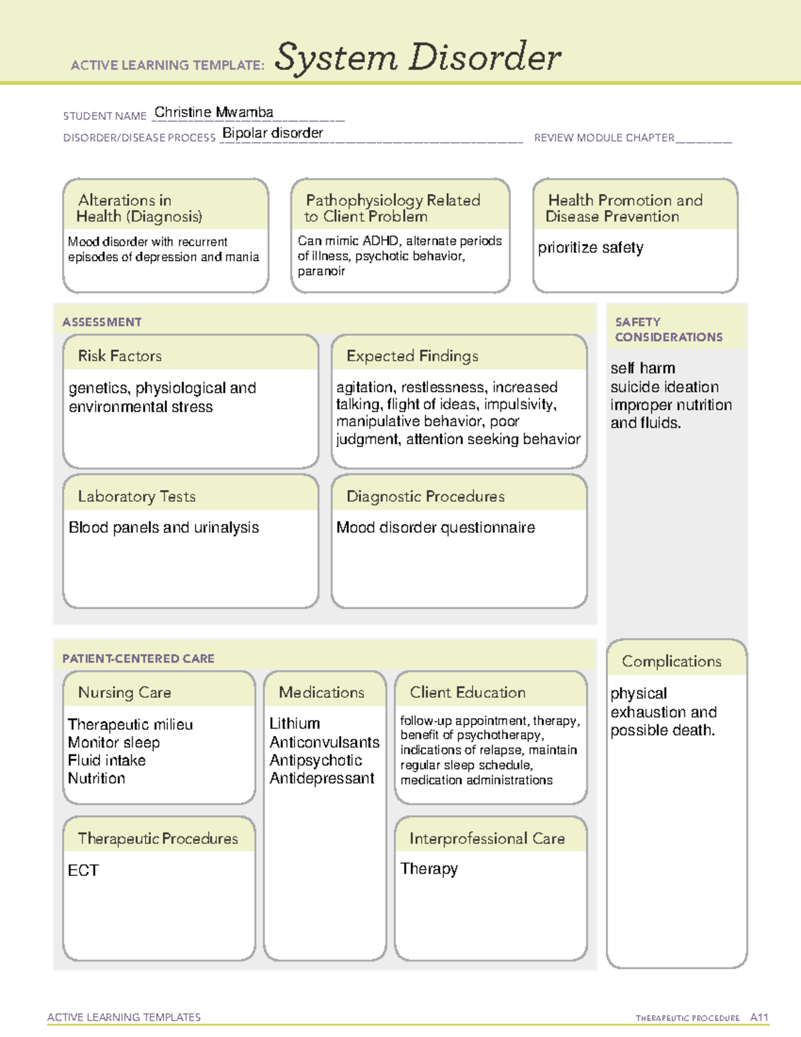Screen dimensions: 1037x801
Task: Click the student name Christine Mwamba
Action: (x=214, y=112)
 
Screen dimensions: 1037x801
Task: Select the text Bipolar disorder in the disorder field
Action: (x=272, y=133)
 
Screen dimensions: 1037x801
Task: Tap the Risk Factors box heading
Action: (x=120, y=356)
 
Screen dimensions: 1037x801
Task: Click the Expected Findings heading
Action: (x=413, y=356)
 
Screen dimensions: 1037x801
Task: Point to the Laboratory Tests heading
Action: (x=137, y=496)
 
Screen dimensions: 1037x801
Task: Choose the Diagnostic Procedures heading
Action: (x=425, y=496)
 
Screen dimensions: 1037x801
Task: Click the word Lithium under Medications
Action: (x=294, y=724)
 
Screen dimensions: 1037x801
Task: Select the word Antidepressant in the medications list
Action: (x=322, y=779)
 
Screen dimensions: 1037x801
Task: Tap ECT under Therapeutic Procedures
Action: (x=83, y=870)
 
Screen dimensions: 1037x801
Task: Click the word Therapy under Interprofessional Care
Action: (x=429, y=869)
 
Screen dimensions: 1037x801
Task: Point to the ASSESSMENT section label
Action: (x=102, y=322)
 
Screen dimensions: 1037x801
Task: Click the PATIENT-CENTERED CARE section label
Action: (x=138, y=658)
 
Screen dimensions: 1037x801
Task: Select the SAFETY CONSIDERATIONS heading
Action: (x=668, y=329)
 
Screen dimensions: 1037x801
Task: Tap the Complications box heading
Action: (x=672, y=661)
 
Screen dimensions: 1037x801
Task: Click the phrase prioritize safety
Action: (x=591, y=248)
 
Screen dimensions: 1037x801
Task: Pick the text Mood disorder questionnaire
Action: (x=436, y=528)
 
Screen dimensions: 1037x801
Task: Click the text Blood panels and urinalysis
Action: (x=164, y=528)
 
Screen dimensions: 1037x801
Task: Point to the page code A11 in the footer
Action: (x=759, y=1018)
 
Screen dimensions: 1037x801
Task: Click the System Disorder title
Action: (x=418, y=57)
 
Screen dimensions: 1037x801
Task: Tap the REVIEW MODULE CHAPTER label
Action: (x=604, y=138)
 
